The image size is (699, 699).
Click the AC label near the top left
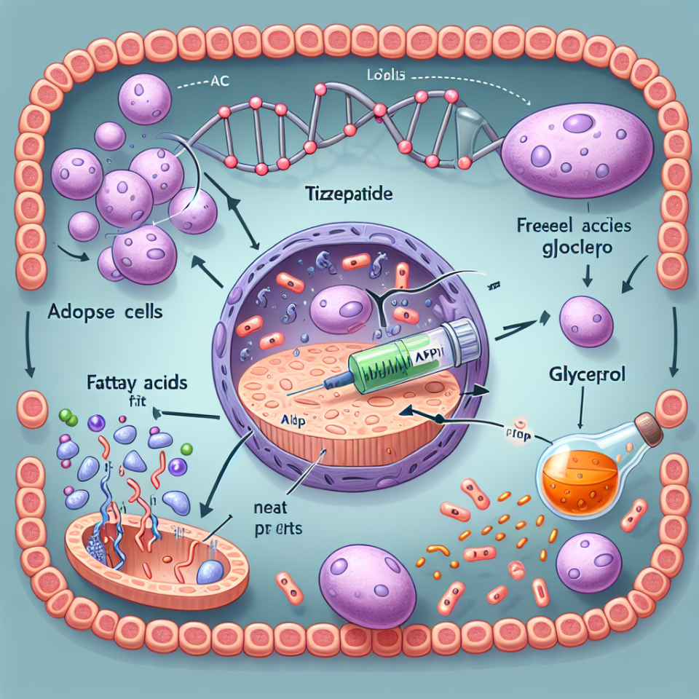pyautogui.click(x=217, y=82)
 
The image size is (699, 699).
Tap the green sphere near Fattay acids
pyautogui.click(x=65, y=416)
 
